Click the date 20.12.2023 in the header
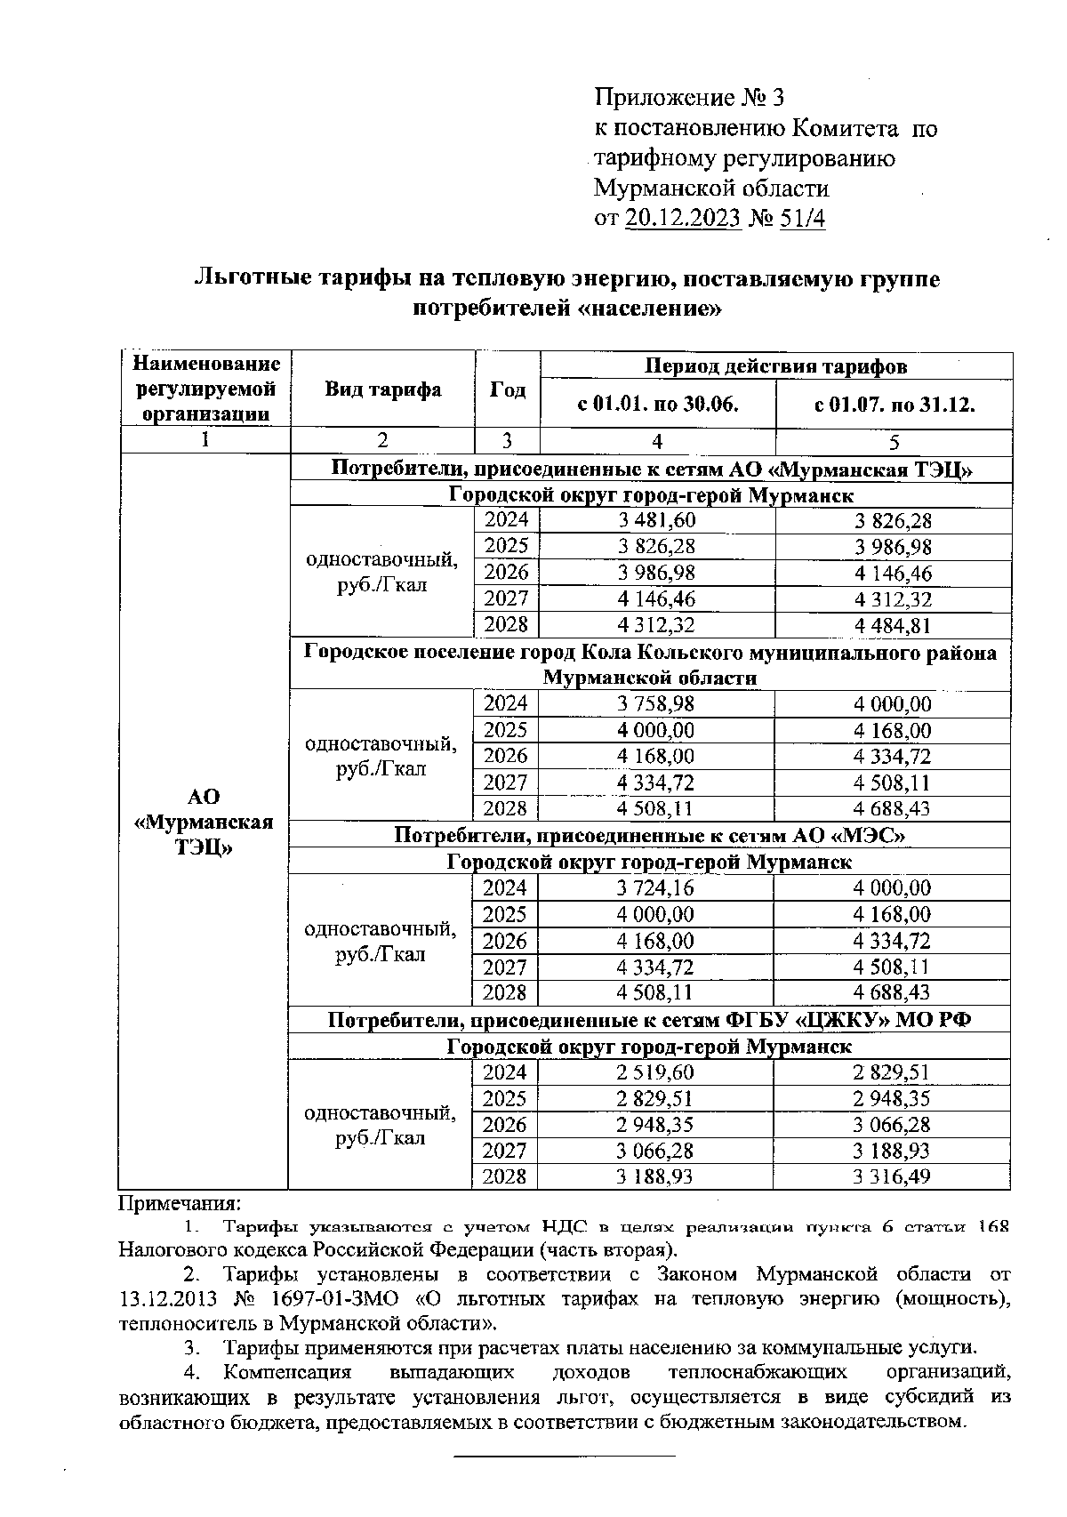(x=683, y=218)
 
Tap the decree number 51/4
(x=801, y=218)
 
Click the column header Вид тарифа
(x=382, y=389)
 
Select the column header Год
(x=508, y=389)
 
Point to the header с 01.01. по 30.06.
(x=657, y=405)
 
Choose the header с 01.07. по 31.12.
(x=895, y=405)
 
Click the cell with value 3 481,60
(x=657, y=520)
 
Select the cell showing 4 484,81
(x=893, y=625)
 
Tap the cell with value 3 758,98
(x=656, y=704)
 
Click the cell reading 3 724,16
(x=655, y=887)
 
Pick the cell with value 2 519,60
(x=655, y=1072)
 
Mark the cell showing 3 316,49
(x=891, y=1176)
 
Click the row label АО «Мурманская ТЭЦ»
(x=205, y=822)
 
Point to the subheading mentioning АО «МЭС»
(x=649, y=835)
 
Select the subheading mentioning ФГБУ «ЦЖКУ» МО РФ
(x=649, y=1020)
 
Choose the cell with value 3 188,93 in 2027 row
(x=891, y=1151)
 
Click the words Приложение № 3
(x=689, y=97)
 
